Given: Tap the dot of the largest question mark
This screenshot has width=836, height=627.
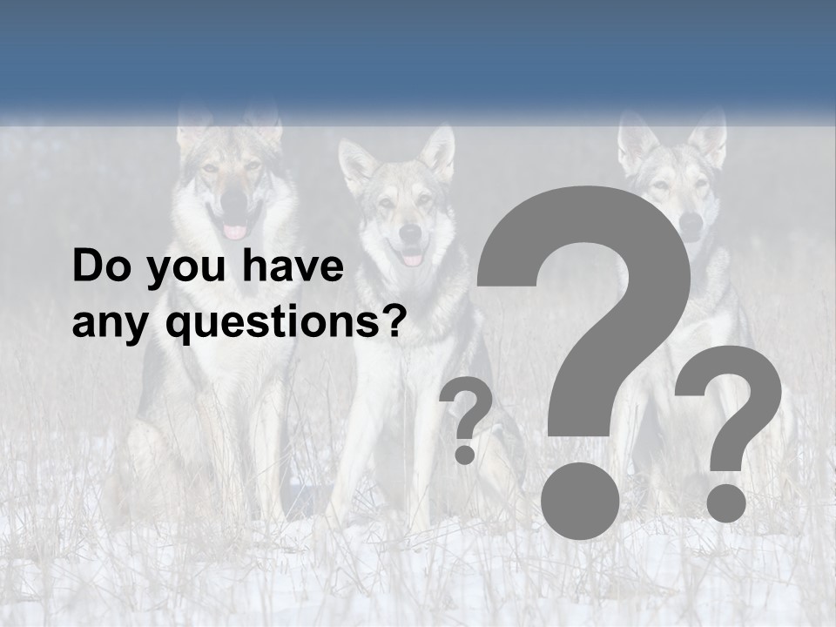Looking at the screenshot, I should coord(580,500).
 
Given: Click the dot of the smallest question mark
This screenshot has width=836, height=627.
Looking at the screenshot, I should coord(465,454).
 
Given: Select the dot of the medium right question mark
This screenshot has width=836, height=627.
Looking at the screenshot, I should coord(725,502).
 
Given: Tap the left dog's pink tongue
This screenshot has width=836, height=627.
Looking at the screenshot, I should coord(235,232).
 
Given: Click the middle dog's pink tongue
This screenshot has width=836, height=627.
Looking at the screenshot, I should coord(412,259).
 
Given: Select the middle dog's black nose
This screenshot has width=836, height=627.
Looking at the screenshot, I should coord(410,233).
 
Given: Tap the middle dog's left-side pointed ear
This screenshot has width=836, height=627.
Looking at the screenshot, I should coord(354,164).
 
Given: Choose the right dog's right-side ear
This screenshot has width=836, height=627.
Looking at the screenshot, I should coord(710,135).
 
